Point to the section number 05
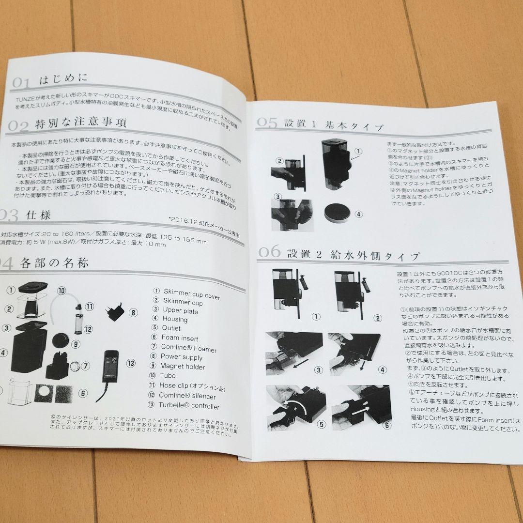point(267,122)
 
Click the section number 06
point(269,251)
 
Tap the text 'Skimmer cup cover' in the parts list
point(191,293)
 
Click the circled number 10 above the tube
point(62,291)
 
